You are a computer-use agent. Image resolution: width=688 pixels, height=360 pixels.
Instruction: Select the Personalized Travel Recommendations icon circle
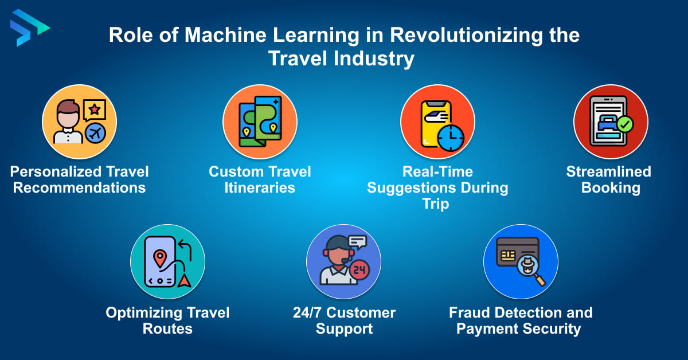click(x=79, y=122)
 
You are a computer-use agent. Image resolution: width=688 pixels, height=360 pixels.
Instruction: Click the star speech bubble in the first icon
click(x=94, y=109)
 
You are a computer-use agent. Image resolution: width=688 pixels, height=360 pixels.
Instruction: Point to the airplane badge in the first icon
click(x=95, y=134)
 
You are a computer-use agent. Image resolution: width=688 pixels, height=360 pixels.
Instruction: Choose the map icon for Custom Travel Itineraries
click(x=260, y=119)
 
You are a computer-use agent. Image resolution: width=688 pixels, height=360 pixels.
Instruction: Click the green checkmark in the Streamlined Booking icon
click(x=624, y=123)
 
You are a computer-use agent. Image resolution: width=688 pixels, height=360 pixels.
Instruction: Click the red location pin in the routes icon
click(x=160, y=257)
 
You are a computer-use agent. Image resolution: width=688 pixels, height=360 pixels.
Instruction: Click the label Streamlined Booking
click(x=609, y=179)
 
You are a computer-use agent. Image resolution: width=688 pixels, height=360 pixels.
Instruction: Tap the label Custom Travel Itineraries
click(x=260, y=179)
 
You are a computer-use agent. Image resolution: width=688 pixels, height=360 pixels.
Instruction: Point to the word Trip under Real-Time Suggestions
click(x=437, y=204)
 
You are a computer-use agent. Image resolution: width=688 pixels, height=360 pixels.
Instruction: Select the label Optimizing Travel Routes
click(x=167, y=320)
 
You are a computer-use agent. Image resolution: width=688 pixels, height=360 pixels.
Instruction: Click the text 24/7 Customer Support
click(x=344, y=320)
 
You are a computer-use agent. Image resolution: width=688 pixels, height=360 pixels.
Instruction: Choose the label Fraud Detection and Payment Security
click(x=520, y=320)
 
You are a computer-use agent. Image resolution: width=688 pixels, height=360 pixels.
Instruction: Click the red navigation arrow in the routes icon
click(x=184, y=280)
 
